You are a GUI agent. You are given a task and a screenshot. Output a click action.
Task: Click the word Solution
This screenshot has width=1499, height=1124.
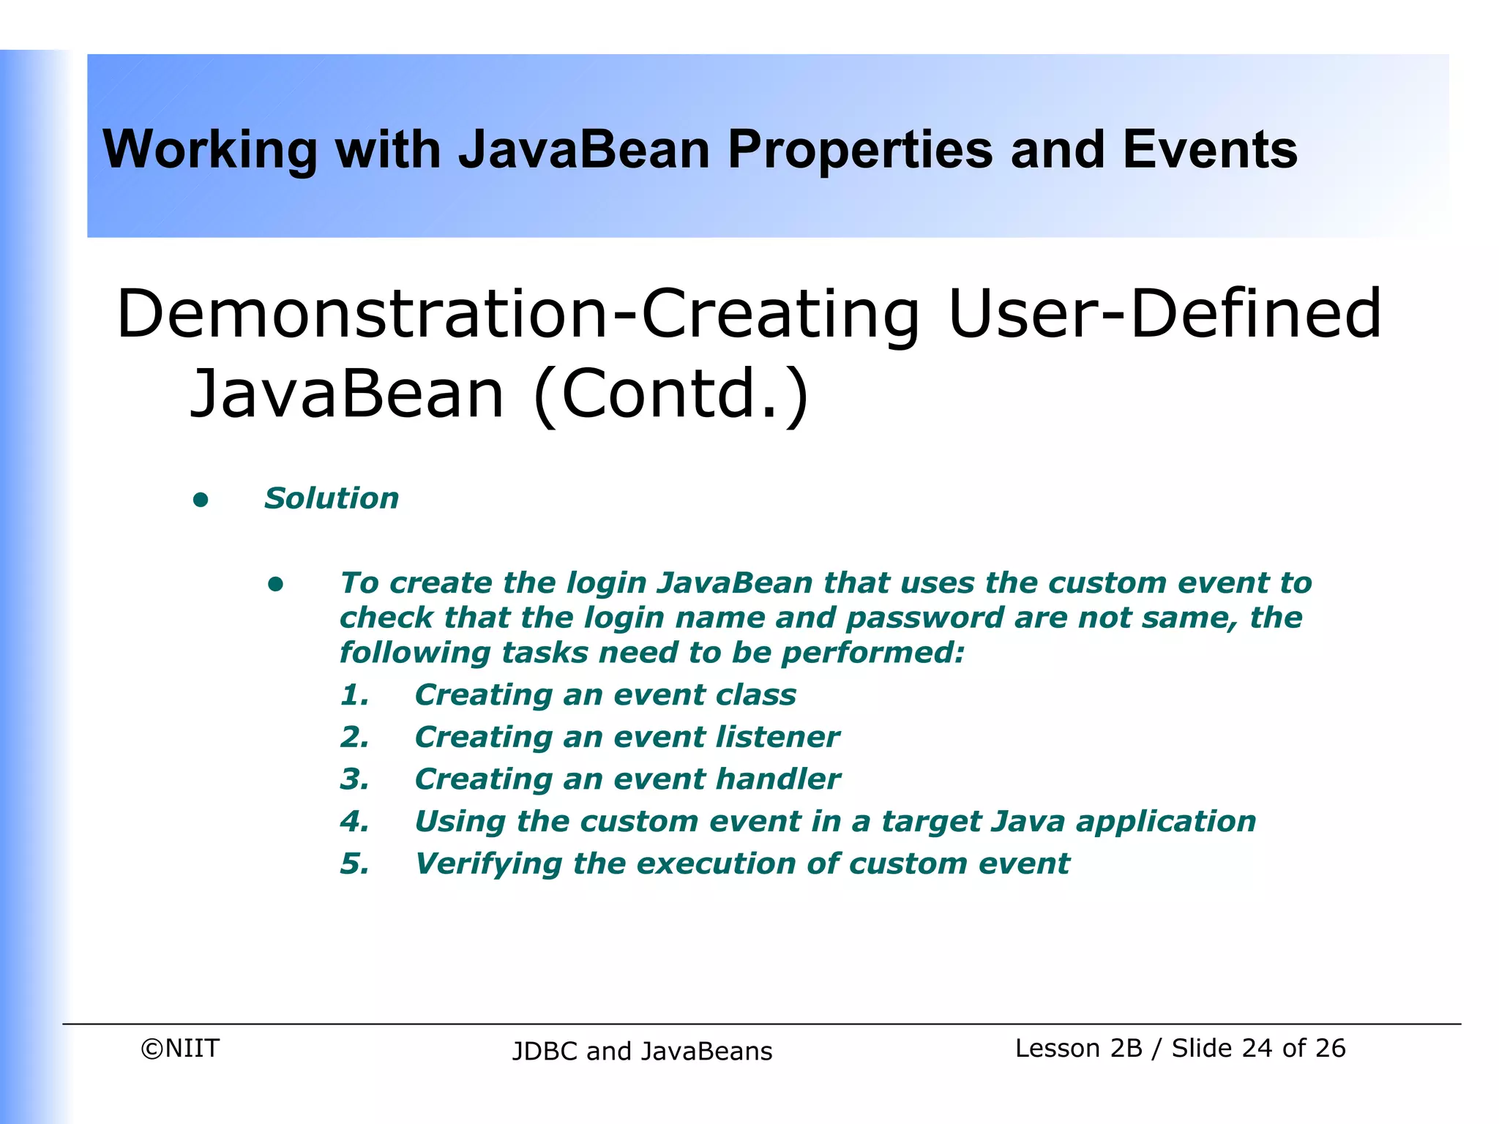(332, 498)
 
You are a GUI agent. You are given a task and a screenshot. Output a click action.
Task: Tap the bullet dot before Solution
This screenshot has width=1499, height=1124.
(201, 501)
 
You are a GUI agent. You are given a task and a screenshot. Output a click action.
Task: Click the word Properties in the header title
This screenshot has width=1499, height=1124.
(859, 150)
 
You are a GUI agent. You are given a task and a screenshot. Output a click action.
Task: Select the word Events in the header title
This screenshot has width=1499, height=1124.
(1209, 150)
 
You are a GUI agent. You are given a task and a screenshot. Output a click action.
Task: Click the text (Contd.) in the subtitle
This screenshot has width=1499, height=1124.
(671, 393)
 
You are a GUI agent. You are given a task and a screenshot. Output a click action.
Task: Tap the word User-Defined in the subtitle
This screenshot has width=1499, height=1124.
(1164, 314)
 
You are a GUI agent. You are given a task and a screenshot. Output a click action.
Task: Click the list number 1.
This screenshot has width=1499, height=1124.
(354, 694)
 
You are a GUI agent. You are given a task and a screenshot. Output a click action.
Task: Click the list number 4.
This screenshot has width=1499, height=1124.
(354, 822)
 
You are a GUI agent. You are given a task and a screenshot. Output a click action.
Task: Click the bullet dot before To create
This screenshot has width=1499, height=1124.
(275, 584)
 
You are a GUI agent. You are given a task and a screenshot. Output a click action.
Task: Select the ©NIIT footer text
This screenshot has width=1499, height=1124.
(180, 1049)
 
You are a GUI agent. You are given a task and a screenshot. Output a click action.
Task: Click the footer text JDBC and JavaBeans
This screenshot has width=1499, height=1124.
(642, 1052)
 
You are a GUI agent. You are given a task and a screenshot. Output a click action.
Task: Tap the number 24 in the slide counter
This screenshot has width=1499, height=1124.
(1257, 1049)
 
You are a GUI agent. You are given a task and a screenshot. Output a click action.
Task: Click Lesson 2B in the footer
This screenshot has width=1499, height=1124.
(1078, 1049)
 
